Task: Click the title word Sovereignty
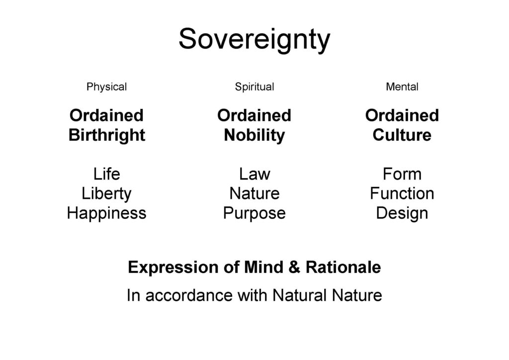(254, 39)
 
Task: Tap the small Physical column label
(106, 87)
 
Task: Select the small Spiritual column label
(254, 87)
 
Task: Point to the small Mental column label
(402, 87)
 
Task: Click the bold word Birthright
(107, 135)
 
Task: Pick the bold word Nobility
(254, 135)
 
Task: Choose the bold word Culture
(402, 135)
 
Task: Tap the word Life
(106, 174)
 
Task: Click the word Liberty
(106, 193)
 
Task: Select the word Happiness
(106, 213)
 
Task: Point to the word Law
(254, 174)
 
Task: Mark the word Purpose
(254, 213)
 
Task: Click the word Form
(402, 174)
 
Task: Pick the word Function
(402, 193)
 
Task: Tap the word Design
(402, 213)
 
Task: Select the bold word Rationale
(343, 268)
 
